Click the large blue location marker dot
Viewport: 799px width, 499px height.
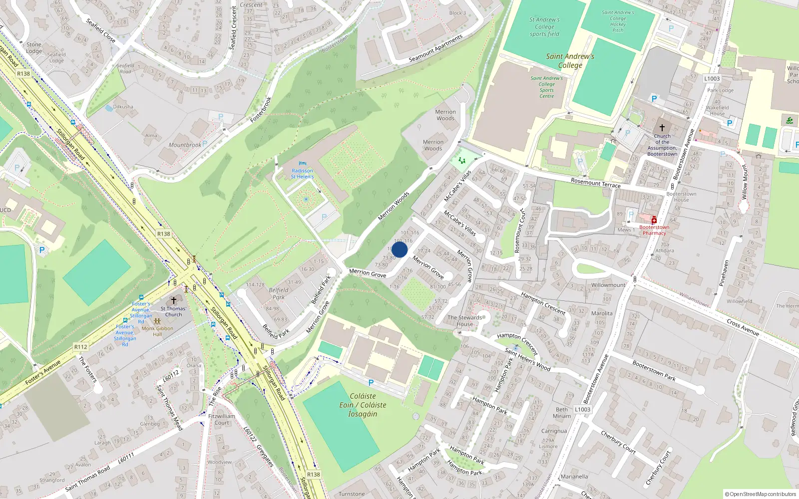[x=399, y=249]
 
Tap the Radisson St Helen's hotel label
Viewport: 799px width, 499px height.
[x=302, y=174]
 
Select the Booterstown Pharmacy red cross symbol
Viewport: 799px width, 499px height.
[x=653, y=220]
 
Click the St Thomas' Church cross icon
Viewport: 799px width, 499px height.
[x=174, y=300]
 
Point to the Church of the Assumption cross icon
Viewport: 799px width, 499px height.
[x=662, y=128]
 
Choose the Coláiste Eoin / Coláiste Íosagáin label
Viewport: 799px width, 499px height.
[x=363, y=405]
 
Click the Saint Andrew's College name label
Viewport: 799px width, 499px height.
[x=570, y=60]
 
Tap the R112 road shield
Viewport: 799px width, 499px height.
[x=81, y=347]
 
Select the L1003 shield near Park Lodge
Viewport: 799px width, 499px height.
[x=712, y=78]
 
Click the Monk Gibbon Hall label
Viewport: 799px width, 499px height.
[x=157, y=331]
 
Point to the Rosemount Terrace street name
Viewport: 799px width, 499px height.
[x=595, y=183]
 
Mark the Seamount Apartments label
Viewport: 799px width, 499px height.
[x=435, y=49]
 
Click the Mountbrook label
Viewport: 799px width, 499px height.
[x=185, y=145]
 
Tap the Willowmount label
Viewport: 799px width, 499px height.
[x=608, y=285]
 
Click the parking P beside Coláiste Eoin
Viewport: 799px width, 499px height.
[x=371, y=383]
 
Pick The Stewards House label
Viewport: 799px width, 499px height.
[x=465, y=320]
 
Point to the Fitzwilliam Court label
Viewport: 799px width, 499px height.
[x=222, y=419]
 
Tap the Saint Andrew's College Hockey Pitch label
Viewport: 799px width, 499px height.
[x=618, y=21]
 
